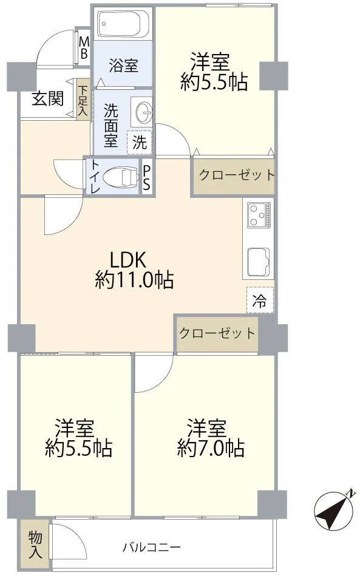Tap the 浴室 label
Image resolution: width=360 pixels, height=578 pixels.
click(x=123, y=65)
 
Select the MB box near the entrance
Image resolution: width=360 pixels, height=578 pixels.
click(x=84, y=48)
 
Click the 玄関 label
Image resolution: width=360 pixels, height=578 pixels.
click(x=47, y=98)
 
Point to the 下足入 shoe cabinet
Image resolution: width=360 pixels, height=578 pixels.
click(x=83, y=101)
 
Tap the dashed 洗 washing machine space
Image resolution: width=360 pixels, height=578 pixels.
click(x=140, y=143)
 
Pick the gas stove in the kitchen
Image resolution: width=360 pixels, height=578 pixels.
click(x=259, y=214)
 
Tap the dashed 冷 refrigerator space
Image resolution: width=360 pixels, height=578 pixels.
click(x=259, y=300)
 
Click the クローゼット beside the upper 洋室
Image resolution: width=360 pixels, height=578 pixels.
click(x=233, y=176)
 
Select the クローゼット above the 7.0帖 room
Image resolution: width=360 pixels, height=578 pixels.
click(x=217, y=333)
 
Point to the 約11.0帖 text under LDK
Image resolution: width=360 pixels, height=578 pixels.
click(x=134, y=280)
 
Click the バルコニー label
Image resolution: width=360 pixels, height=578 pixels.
click(x=151, y=548)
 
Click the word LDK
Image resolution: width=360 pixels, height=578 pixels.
click(x=126, y=259)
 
